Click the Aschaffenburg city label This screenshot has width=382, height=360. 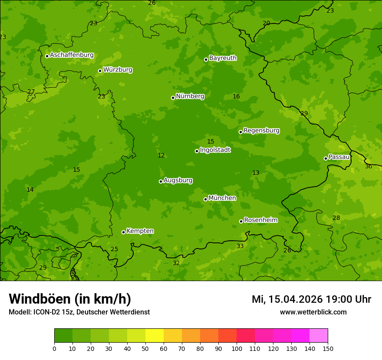[72, 55]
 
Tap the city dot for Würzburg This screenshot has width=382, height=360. [100, 71]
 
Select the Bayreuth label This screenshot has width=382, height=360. [223, 58]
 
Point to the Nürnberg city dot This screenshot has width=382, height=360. [173, 98]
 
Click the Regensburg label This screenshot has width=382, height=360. [261, 131]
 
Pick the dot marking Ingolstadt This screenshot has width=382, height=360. [197, 151]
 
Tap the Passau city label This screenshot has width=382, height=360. [339, 157]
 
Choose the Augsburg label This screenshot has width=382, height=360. [178, 180]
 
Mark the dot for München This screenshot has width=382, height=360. [205, 199]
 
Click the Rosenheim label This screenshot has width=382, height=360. [260, 220]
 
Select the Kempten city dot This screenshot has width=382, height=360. [123, 232]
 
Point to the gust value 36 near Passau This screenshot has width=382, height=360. [369, 167]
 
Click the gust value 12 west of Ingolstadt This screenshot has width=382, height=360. [161, 156]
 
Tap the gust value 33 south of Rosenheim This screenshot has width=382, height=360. [240, 246]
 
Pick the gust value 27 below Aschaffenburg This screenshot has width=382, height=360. [31, 92]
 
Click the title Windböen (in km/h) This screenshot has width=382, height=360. [70, 299]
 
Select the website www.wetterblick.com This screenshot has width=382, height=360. [313, 312]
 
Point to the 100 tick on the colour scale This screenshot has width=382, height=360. [237, 348]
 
